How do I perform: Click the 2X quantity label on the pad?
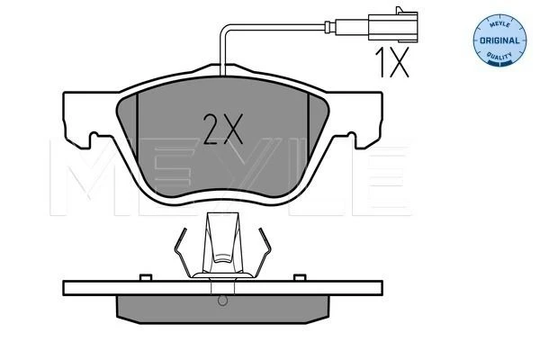[223, 129]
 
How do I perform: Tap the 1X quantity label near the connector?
[392, 62]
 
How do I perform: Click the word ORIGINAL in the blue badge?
[499, 40]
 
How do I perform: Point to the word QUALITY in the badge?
[499, 56]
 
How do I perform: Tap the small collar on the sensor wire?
[329, 27]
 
